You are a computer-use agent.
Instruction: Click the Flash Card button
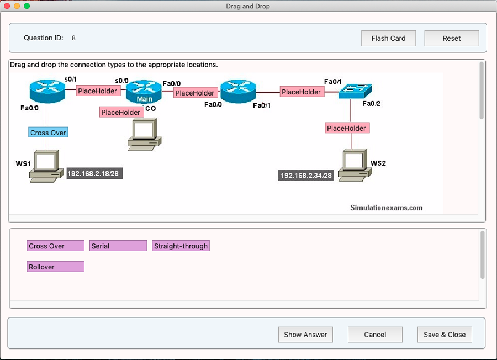388,39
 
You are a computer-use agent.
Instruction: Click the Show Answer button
305,335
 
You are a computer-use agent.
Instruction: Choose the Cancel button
375,335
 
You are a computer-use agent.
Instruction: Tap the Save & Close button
445,335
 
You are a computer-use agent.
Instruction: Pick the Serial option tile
118,246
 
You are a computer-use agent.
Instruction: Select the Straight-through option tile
181,246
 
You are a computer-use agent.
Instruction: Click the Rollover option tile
55,267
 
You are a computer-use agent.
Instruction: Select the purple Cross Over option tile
55,246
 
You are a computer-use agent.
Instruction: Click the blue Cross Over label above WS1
48,133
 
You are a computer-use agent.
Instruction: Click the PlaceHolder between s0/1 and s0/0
98,91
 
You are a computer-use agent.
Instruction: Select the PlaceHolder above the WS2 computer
346,128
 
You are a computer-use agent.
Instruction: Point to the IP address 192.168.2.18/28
93,173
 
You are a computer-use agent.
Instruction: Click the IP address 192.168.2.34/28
306,176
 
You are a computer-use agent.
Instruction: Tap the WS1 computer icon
46,165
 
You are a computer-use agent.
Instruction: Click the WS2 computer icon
353,165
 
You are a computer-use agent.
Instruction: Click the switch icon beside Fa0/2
356,91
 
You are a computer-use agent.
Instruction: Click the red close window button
7,6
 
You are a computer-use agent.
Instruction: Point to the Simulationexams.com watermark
387,208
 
